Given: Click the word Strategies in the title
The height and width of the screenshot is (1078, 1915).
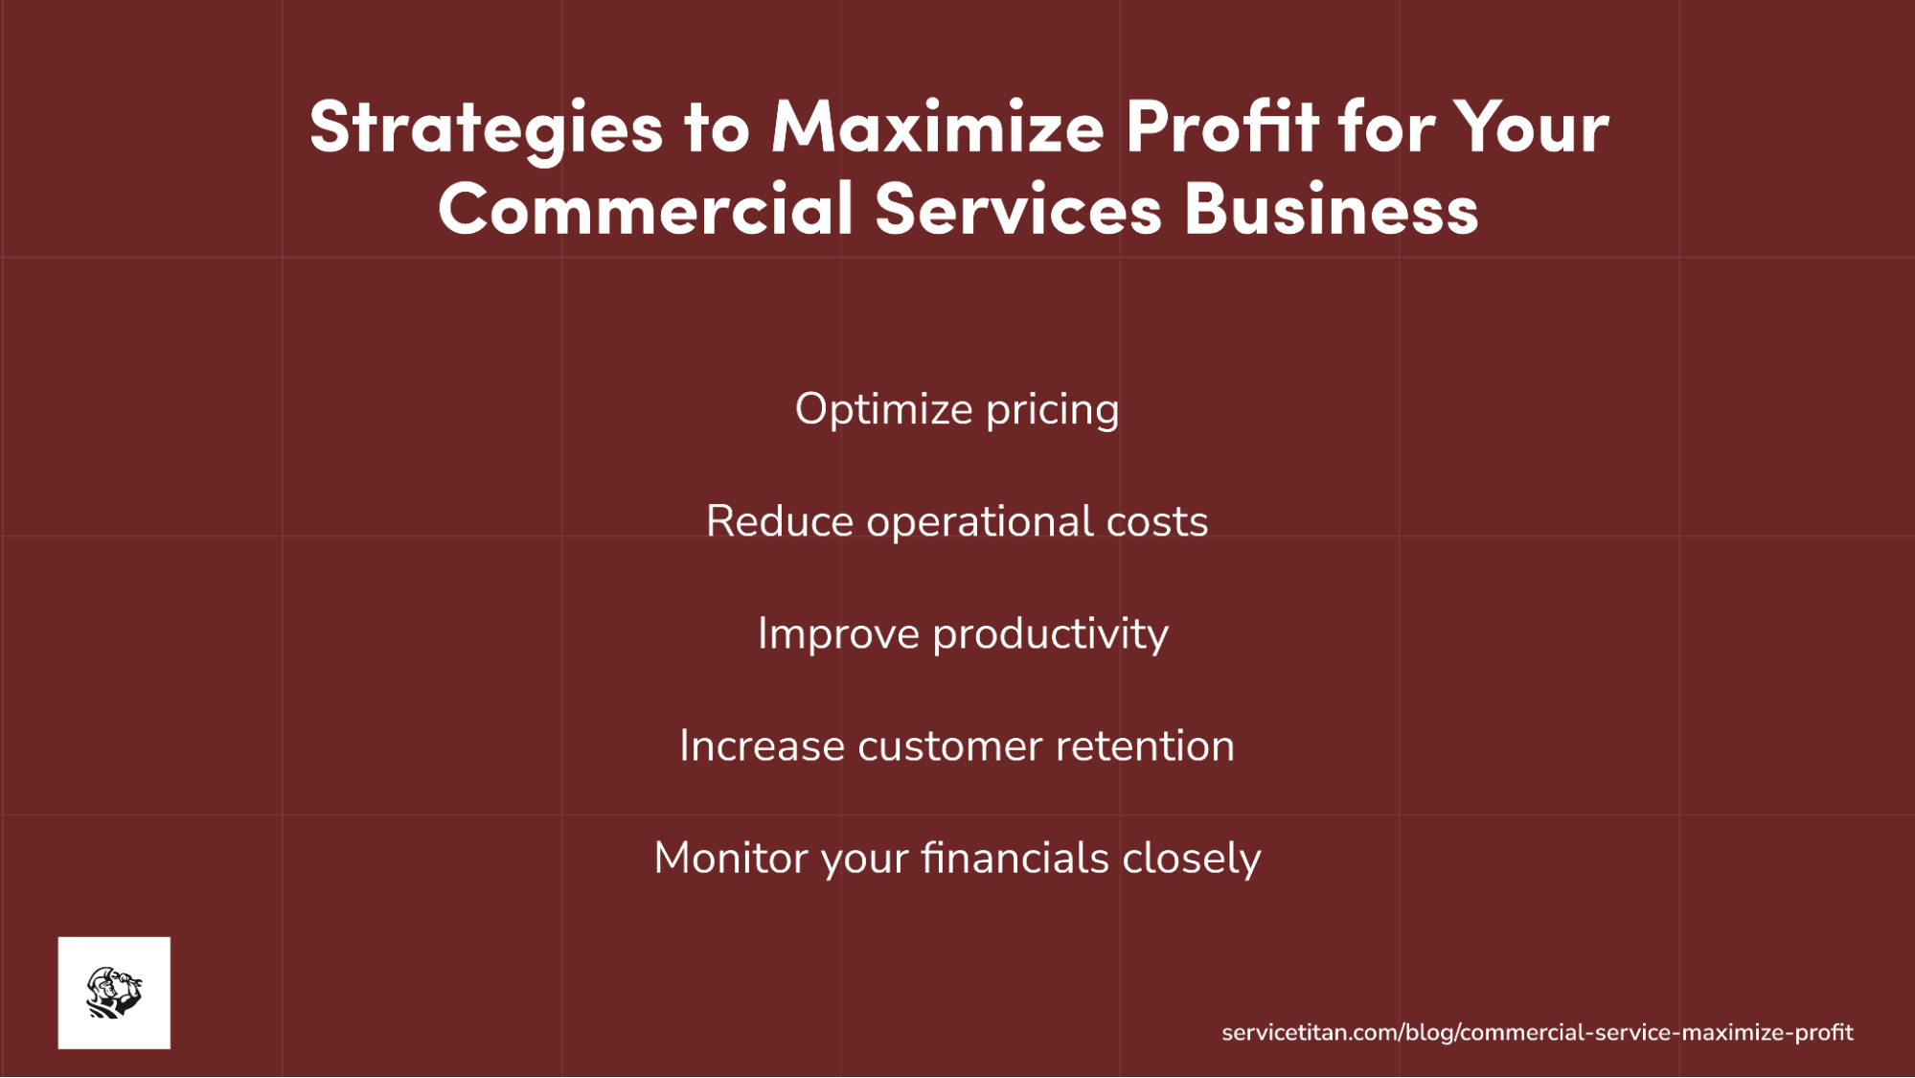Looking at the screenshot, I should point(486,127).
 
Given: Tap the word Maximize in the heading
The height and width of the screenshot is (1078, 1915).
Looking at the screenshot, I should point(938,126).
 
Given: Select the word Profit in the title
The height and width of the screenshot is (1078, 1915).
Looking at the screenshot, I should point(1221,126).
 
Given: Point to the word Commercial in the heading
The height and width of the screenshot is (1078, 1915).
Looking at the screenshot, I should point(646,209).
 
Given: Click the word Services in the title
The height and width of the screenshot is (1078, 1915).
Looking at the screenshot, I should point(1017,209).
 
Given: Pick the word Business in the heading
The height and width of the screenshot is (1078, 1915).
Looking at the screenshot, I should point(1332,209).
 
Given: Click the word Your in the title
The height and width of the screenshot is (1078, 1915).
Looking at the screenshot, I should point(1531,126).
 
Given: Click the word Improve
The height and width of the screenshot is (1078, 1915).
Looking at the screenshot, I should point(838,634).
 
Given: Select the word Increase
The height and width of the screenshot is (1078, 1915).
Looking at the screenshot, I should point(762,746).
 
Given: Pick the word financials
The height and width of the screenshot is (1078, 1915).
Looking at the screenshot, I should point(1014,859).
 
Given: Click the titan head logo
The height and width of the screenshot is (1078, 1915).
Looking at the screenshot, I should point(114,993).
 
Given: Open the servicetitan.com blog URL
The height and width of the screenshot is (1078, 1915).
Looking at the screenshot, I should point(1537,1033).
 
